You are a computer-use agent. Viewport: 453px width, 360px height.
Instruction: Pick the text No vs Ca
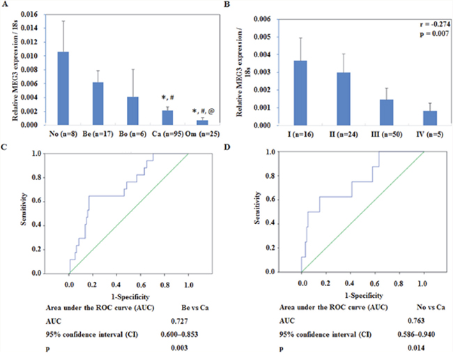coord(401,306)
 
